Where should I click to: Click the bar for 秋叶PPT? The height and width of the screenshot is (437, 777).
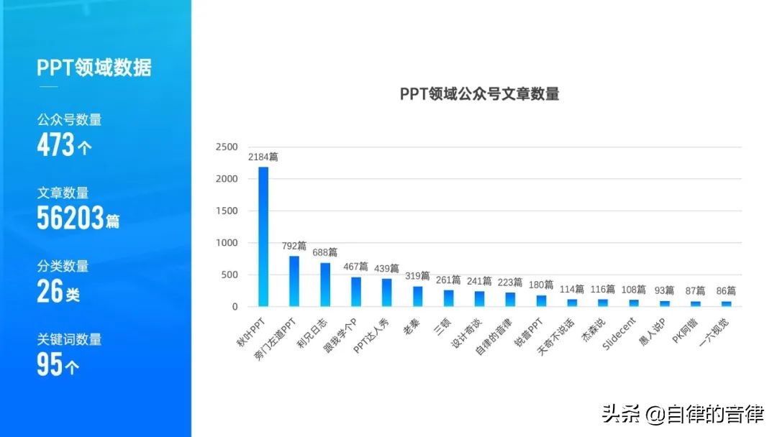263,236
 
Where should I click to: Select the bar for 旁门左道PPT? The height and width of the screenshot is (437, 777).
294,281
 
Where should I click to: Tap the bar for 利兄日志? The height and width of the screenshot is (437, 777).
325,285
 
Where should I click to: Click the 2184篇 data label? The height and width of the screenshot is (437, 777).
263,157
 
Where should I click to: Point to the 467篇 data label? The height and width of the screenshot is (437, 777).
355,267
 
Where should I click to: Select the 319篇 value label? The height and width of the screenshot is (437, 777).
417,276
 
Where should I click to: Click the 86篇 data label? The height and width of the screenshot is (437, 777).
726,291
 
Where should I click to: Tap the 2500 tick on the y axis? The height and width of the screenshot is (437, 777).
227,147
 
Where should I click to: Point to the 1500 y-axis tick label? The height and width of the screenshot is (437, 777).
227,211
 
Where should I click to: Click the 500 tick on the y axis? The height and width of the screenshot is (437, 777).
229,275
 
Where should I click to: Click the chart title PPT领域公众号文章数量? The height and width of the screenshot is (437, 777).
479,94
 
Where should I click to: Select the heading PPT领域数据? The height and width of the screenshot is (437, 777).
94,68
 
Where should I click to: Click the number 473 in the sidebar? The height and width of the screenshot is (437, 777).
56,146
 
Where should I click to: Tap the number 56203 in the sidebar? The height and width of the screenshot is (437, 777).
71,219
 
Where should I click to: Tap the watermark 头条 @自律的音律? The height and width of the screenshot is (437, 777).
682,415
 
